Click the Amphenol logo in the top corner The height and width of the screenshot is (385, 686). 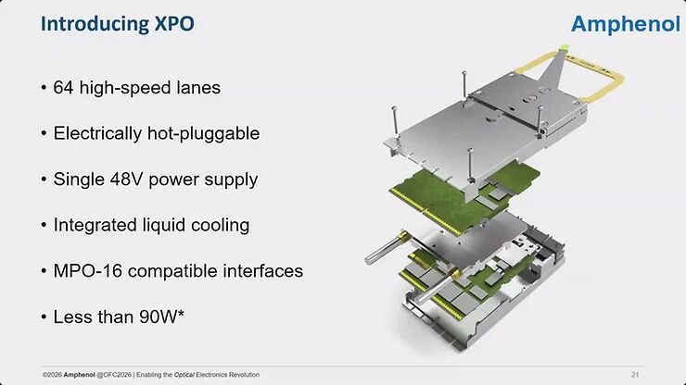[626, 24]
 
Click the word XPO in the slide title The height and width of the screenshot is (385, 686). [174, 23]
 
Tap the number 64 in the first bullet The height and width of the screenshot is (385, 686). [63, 87]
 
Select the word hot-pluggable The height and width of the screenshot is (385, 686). [203, 133]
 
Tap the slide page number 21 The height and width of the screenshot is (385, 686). [635, 375]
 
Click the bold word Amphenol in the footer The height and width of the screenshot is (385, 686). [79, 375]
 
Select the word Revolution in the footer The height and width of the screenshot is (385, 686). [245, 375]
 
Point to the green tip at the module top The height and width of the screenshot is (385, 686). [564, 47]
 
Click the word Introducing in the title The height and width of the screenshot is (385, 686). [95, 23]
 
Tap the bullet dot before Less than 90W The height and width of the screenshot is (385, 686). [44, 317]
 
